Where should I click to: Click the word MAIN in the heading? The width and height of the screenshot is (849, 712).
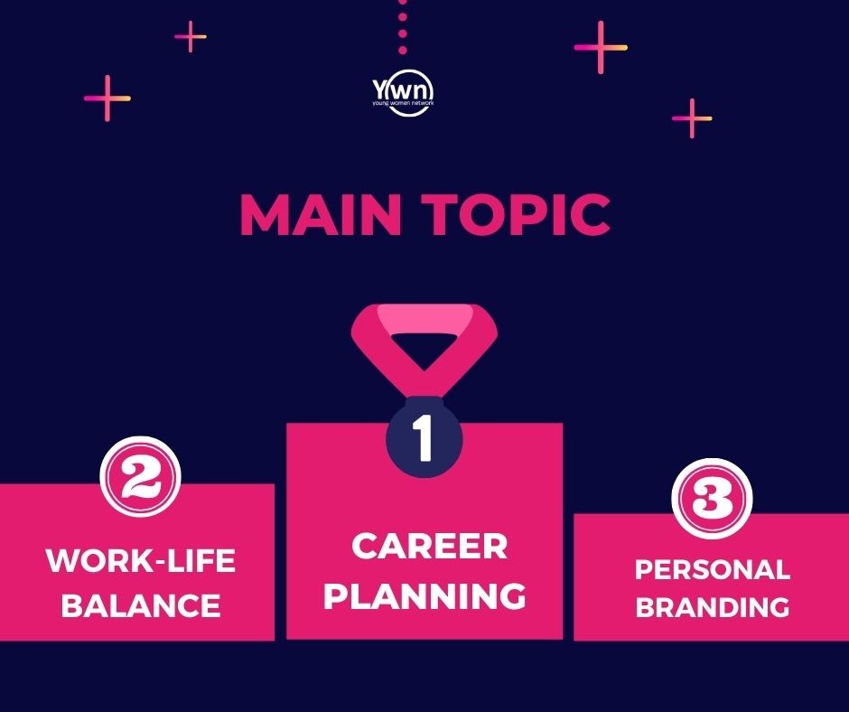pyautogui.click(x=321, y=214)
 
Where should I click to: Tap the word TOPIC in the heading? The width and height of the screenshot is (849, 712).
pyautogui.click(x=516, y=214)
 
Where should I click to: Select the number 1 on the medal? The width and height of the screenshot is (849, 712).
pyautogui.click(x=424, y=438)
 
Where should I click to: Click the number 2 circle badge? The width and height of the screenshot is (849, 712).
pyautogui.click(x=140, y=477)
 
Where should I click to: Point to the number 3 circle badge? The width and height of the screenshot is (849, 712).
pyautogui.click(x=712, y=498)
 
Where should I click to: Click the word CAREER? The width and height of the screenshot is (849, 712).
pyautogui.click(x=429, y=546)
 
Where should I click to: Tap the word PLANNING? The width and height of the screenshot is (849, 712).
pyautogui.click(x=424, y=595)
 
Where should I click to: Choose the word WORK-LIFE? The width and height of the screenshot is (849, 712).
pyautogui.click(x=141, y=560)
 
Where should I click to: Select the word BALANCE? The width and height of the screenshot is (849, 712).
pyautogui.click(x=141, y=605)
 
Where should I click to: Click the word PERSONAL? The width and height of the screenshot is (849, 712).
pyautogui.click(x=713, y=569)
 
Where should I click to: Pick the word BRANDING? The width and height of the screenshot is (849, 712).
pyautogui.click(x=713, y=607)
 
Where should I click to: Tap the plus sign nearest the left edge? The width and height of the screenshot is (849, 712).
pyautogui.click(x=107, y=98)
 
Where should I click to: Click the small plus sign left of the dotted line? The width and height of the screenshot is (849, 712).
pyautogui.click(x=190, y=37)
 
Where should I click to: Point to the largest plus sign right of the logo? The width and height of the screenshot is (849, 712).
pyautogui.click(x=601, y=47)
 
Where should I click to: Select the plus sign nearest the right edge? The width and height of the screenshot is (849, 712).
pyautogui.click(x=692, y=118)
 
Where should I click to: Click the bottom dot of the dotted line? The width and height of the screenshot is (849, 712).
pyautogui.click(x=402, y=50)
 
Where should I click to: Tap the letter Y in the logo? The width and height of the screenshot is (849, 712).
pyautogui.click(x=379, y=89)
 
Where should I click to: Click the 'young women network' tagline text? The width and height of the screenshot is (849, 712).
pyautogui.click(x=403, y=102)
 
